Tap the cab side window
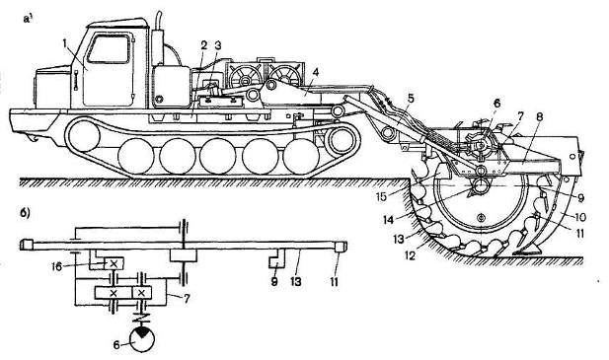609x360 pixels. coord(109,49)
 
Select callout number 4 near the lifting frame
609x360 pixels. coord(316,72)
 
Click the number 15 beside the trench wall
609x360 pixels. coord(381,196)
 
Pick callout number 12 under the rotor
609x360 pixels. coord(411,255)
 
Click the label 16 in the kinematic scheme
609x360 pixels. coord(56,266)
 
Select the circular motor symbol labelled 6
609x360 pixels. coord(141,339)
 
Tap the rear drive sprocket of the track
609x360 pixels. coord(342,140)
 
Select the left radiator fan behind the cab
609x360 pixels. coord(245,76)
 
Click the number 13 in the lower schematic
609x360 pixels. coord(296,281)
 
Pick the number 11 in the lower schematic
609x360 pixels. coord(335,281)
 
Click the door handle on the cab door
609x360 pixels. coord(76,81)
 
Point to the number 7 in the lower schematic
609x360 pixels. coord(187,299)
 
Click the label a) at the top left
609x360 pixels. coord(28,20)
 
